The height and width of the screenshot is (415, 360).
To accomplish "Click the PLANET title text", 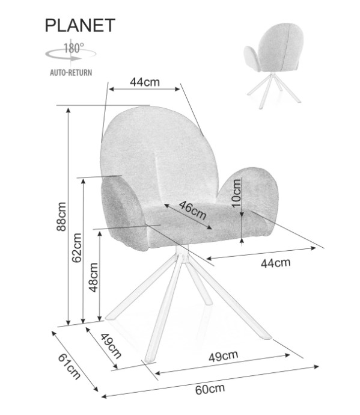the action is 80,25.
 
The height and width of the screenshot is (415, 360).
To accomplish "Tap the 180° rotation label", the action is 73,48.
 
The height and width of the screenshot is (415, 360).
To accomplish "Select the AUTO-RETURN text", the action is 71,73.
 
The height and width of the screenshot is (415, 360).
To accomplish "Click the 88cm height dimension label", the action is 61,217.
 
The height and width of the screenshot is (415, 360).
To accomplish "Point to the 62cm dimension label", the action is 77,248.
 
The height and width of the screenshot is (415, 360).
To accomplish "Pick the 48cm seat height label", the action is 94,277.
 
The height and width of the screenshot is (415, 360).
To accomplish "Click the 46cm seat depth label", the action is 192,210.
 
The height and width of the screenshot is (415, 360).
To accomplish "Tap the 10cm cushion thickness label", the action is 236,193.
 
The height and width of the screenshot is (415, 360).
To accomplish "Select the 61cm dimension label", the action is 69,367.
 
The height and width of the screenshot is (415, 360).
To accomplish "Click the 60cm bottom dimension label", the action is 210,389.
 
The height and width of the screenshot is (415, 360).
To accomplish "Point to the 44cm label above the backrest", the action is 145,82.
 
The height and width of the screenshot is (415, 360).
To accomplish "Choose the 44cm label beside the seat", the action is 275,263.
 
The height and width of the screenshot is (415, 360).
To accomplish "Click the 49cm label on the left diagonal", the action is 111,346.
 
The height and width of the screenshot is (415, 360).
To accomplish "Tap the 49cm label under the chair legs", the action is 223,356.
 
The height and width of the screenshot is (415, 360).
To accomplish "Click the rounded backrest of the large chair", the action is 158,153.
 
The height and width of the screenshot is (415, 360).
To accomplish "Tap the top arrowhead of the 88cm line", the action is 69,110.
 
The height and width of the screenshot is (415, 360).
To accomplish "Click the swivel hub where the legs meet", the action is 183,256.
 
